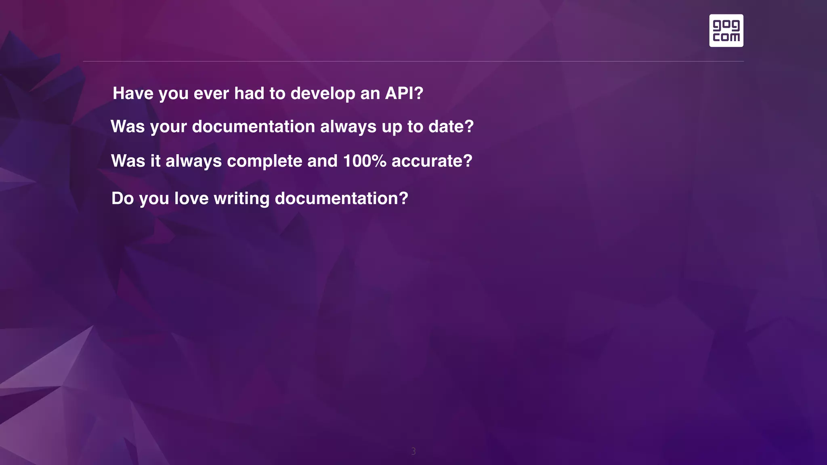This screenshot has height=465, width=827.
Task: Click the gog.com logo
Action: [x=726, y=31]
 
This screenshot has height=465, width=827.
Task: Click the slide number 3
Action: [x=413, y=451]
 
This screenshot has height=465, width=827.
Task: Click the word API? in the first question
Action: [x=404, y=93]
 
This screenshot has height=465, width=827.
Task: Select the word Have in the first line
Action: [x=133, y=93]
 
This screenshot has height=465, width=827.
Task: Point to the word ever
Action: [x=211, y=94]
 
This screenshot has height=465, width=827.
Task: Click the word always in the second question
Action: [x=348, y=127]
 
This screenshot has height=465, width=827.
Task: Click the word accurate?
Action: [x=432, y=161]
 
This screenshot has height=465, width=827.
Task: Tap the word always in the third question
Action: [x=193, y=161]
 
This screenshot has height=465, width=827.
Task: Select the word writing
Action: [x=241, y=199]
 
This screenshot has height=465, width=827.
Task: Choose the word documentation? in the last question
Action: [x=341, y=198]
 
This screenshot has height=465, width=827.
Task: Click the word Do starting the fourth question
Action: [x=122, y=198]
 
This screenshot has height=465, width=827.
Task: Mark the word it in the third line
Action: [x=155, y=161]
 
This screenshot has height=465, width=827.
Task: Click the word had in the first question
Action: [x=249, y=93]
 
